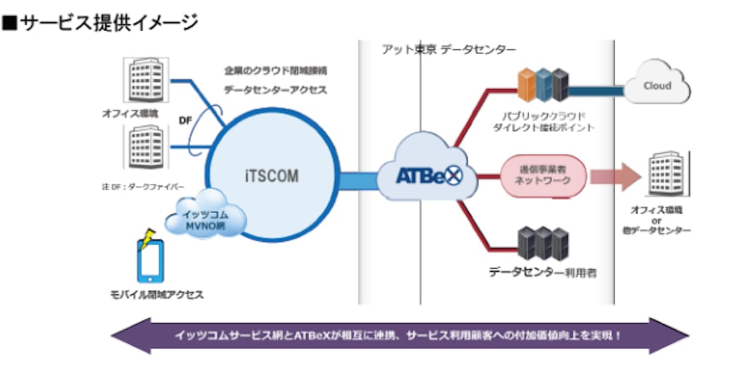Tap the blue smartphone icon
click(150, 262)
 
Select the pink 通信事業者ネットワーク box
click(542, 175)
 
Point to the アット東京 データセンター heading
click(449, 50)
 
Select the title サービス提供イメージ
click(100, 24)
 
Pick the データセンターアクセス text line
click(276, 90)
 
